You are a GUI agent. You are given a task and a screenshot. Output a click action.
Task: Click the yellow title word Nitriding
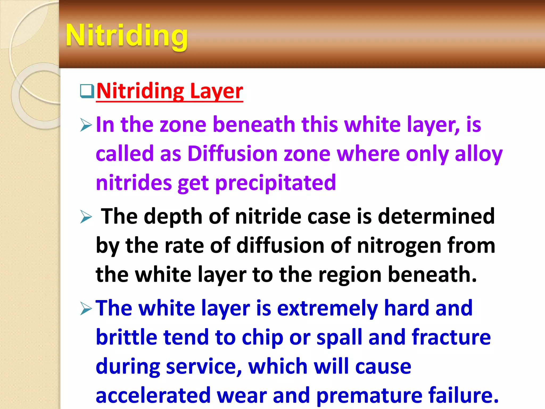[x=127, y=35]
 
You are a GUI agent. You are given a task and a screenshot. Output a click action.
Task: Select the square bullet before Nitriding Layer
[x=87, y=91]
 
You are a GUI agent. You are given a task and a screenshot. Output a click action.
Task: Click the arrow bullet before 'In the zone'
[x=86, y=125]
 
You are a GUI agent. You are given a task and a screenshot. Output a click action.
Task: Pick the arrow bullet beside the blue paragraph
[x=86, y=309]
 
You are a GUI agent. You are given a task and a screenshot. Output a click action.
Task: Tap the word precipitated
[x=275, y=183]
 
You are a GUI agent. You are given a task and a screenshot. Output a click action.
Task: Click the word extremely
[x=327, y=308]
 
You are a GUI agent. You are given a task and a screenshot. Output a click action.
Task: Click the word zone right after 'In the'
[x=183, y=125]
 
